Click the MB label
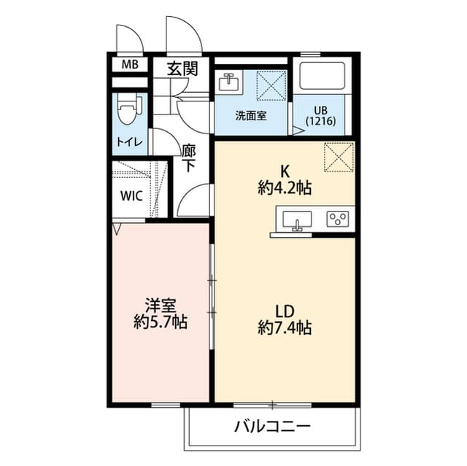tap(130, 64)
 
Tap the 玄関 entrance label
tap(182, 69)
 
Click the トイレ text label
tap(130, 142)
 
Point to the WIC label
tap(131, 195)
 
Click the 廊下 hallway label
tap(189, 158)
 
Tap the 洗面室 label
tap(251, 115)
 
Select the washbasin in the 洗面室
tap(228, 82)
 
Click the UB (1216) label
tap(321, 116)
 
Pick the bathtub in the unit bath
tap(323, 76)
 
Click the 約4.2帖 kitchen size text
tap(285, 187)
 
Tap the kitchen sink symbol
tap(297, 220)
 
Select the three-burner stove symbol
tap(338, 219)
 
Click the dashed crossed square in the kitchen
tap(339, 157)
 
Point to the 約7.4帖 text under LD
tap(285, 328)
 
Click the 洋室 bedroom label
tap(161, 305)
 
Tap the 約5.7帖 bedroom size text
tap(161, 322)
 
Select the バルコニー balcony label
tap(272, 427)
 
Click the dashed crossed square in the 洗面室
tap(271, 86)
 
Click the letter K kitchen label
tap(285, 171)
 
